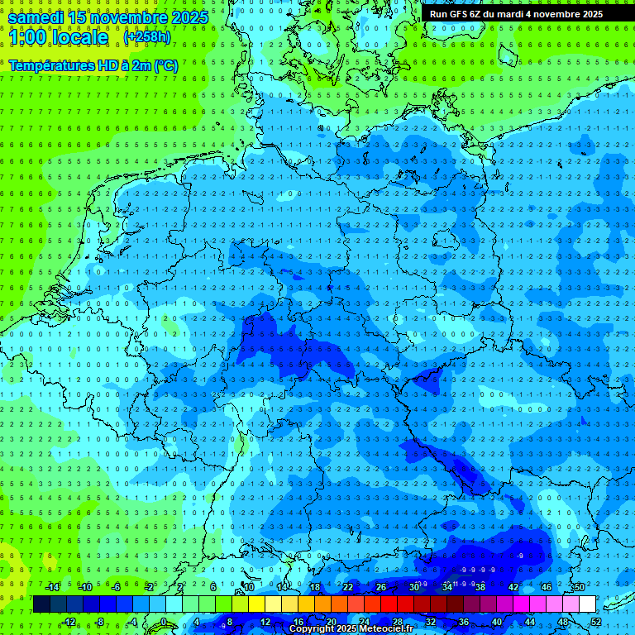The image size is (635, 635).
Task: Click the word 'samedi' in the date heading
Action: point(41,17)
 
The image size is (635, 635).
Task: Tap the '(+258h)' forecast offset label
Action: point(148,37)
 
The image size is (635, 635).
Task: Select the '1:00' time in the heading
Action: point(31,37)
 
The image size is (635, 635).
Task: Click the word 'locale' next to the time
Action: point(82,37)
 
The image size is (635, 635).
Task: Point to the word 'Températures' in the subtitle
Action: point(46,64)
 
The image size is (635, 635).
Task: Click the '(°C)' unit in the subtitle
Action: point(165,64)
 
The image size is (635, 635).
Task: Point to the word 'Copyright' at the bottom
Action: point(312,629)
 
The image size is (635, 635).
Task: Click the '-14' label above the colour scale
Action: point(53,587)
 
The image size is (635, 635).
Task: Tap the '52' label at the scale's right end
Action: point(595,622)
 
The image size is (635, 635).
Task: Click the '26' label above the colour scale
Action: point(380,587)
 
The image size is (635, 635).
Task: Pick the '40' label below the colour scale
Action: point(496,622)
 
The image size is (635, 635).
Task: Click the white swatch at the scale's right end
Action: point(587,604)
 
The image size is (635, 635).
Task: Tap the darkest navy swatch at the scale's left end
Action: point(41,604)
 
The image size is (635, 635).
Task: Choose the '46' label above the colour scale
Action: point(546,587)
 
